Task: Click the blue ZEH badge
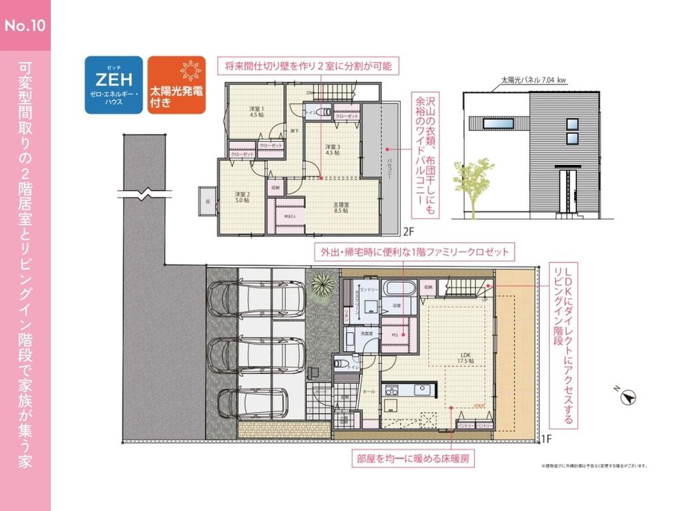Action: (114, 84)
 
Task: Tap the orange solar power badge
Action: (176, 84)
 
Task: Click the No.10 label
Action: (25, 26)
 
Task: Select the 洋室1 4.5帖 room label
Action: (255, 112)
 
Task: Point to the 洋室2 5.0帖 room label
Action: (243, 197)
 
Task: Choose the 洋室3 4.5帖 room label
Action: (332, 151)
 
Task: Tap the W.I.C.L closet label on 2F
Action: (289, 216)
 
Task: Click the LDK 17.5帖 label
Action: (466, 358)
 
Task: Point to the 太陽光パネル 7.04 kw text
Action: (533, 80)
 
